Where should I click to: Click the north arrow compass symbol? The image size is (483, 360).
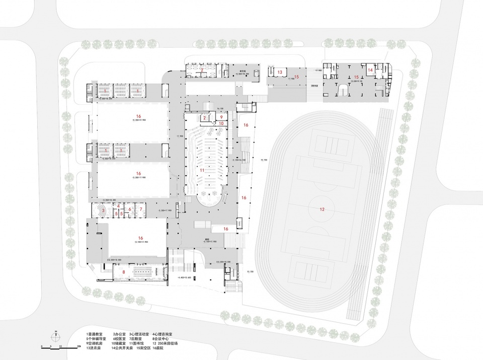[57, 334]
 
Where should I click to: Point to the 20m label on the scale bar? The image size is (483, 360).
[79, 347]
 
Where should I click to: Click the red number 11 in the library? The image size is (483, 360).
[202, 171]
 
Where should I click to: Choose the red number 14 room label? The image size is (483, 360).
[370, 70]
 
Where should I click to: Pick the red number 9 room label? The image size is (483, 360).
[221, 117]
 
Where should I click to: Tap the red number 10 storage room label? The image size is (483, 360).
[221, 123]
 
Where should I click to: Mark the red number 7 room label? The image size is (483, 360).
[141, 209]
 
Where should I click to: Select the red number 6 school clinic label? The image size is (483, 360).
[129, 209]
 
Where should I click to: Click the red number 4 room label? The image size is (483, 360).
[118, 205]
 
